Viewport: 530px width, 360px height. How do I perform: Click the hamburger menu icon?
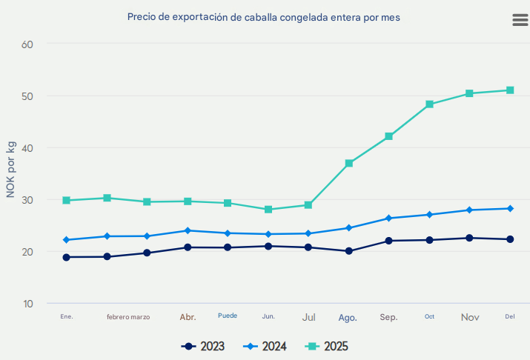coord(520,20)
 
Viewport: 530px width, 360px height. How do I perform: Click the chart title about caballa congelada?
coord(264,16)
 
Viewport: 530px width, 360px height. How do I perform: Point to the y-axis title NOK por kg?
coord(11,168)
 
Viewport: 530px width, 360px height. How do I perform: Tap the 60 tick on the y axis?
coord(29,44)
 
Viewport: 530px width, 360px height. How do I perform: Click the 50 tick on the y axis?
coord(29,96)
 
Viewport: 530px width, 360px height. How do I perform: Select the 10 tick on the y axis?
coord(29,304)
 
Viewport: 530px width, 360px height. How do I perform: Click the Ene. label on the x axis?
coord(67,316)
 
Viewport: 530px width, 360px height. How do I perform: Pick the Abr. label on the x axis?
coord(188,317)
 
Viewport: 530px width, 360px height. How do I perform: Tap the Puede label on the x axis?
coord(228,316)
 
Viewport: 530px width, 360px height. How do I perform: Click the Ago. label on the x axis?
coord(348,317)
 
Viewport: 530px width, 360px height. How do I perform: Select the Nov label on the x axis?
coord(470,317)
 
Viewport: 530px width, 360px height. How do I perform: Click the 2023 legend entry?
coord(203,346)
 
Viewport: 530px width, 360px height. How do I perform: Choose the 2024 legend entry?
coord(266,346)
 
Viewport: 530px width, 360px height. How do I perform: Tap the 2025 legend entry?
coord(328,346)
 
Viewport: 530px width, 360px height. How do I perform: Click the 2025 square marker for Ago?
coord(348,163)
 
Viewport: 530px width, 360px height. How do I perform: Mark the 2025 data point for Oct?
coord(429,104)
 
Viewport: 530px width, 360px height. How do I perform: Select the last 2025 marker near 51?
coord(510,90)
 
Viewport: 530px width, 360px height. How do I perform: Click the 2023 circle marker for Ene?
coord(67,257)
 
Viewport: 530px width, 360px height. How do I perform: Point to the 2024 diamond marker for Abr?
coord(188,230)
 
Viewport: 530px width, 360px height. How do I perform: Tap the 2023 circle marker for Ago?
coord(348,251)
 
